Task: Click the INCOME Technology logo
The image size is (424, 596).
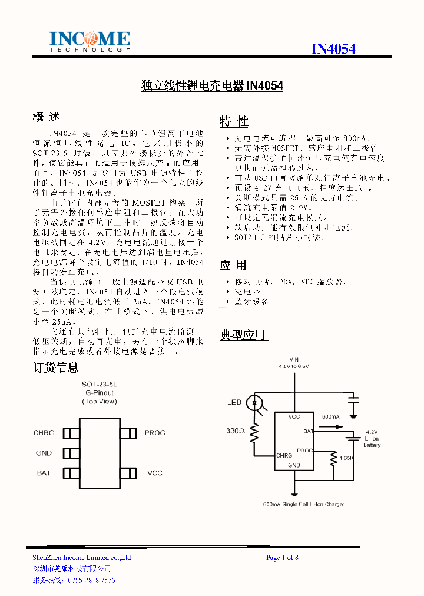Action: click(89, 42)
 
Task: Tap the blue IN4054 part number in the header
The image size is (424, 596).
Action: click(333, 49)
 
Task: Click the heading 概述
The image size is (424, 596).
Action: click(46, 117)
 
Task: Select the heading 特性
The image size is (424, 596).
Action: click(234, 121)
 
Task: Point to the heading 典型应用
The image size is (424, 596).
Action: click(243, 335)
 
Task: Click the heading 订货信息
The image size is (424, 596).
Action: click(55, 368)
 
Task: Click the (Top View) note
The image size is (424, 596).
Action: click(99, 402)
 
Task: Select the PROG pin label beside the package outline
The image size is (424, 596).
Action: click(155, 433)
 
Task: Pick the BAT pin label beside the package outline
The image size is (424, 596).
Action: click(44, 473)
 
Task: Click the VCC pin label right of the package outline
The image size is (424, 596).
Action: click(154, 473)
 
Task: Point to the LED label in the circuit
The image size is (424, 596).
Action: click(234, 403)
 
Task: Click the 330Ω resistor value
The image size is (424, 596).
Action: click(235, 431)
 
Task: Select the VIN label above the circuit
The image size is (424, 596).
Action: click(294, 359)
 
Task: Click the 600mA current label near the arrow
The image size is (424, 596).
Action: click(331, 417)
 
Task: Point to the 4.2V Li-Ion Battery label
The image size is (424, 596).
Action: click(372, 439)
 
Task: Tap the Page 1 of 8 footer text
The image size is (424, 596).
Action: click(282, 558)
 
